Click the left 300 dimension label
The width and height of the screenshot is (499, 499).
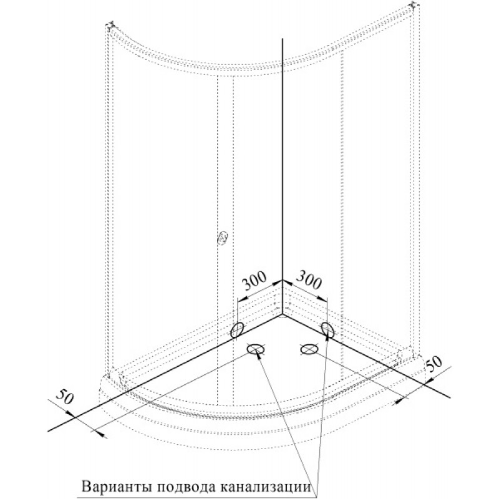[254, 281]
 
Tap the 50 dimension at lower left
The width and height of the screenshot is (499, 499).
[66, 396]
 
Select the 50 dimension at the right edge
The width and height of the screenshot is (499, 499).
[434, 364]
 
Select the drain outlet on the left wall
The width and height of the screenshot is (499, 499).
[238, 329]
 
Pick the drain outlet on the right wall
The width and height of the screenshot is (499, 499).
[327, 329]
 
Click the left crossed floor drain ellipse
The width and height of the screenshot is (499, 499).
[256, 349]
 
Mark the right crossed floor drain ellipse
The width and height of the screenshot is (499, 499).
[309, 349]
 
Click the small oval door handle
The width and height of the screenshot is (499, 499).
[222, 238]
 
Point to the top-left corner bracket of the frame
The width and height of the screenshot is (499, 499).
[111, 25]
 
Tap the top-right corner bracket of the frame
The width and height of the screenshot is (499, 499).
[414, 6]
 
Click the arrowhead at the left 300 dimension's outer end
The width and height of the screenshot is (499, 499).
[242, 299]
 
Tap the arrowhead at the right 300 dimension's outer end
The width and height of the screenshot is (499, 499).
[322, 299]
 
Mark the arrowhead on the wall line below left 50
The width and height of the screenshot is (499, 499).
[70, 413]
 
